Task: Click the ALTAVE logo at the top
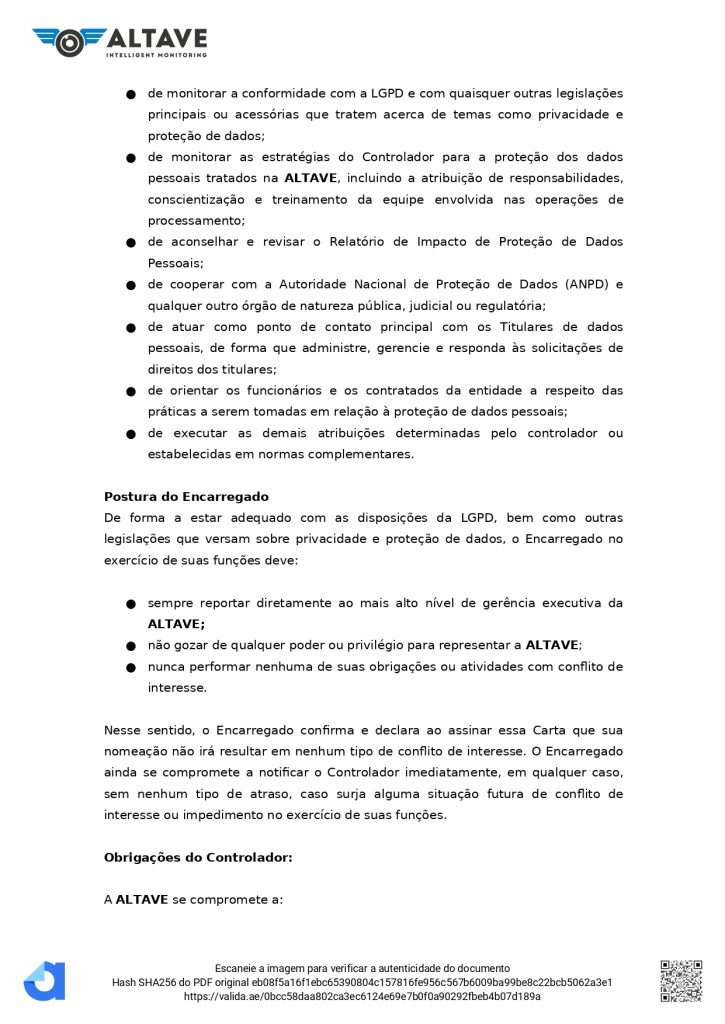point(120,41)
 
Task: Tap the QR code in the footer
point(680,980)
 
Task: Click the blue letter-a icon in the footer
point(45,981)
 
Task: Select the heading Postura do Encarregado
point(186,497)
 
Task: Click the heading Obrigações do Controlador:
point(198,857)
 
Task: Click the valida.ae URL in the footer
point(362,996)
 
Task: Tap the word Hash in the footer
point(124,982)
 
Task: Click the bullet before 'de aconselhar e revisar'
point(131,243)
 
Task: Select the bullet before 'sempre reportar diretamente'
point(131,604)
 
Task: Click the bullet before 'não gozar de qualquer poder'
point(131,646)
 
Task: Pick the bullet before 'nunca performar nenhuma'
point(131,667)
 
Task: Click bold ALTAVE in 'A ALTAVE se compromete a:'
point(142,899)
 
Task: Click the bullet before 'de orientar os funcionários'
point(131,391)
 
